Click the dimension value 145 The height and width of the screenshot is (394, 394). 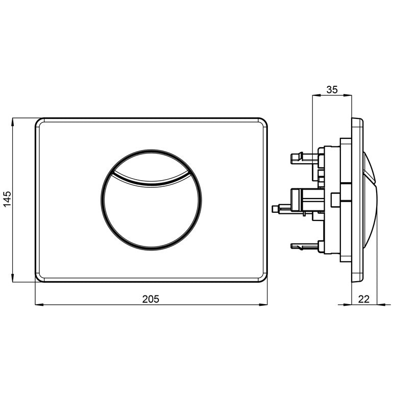point(7,199)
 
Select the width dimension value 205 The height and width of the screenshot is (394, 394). point(151,299)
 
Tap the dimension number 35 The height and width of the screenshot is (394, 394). point(332,90)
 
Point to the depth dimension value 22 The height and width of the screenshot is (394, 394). point(363,299)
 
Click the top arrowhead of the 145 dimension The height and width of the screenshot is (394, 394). point(13,122)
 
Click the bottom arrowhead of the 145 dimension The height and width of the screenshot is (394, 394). point(13,278)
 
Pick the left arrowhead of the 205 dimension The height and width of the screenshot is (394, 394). point(39,305)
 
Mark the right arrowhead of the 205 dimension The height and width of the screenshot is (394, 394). point(263,305)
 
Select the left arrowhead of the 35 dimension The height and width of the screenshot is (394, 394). point(316,95)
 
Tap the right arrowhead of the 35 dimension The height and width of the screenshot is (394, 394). point(348,95)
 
